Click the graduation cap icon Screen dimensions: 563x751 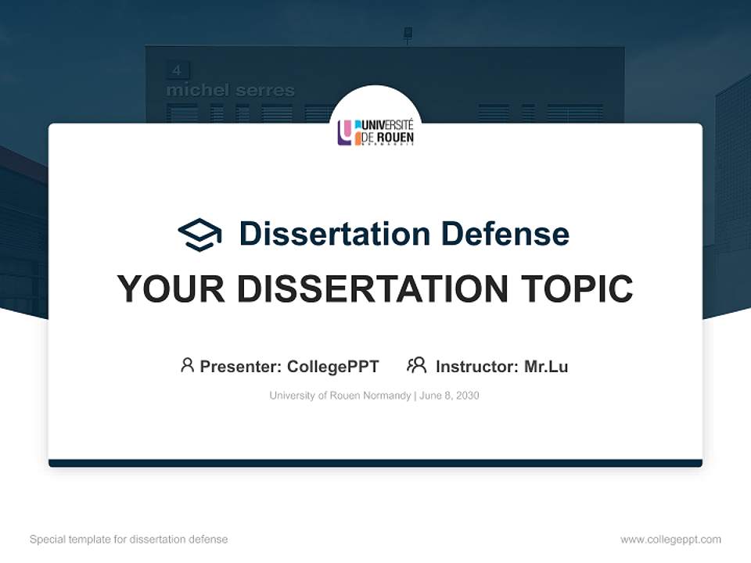[x=199, y=235]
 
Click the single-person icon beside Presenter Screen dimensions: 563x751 [x=187, y=365]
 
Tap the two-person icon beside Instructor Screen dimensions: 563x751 [x=416, y=365]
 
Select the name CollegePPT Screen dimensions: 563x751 [x=332, y=366]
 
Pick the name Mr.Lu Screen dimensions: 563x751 [x=546, y=366]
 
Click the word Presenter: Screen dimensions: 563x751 [x=241, y=366]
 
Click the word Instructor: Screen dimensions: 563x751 [x=477, y=366]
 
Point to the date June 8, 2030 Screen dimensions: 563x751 [x=449, y=396]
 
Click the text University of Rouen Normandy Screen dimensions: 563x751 [x=340, y=396]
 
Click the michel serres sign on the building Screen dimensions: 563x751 [x=230, y=91]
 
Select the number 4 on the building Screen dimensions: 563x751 [x=177, y=70]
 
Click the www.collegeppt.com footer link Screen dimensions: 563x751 [x=670, y=540]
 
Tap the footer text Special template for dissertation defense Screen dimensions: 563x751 [x=129, y=540]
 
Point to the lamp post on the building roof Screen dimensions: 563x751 [x=408, y=34]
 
